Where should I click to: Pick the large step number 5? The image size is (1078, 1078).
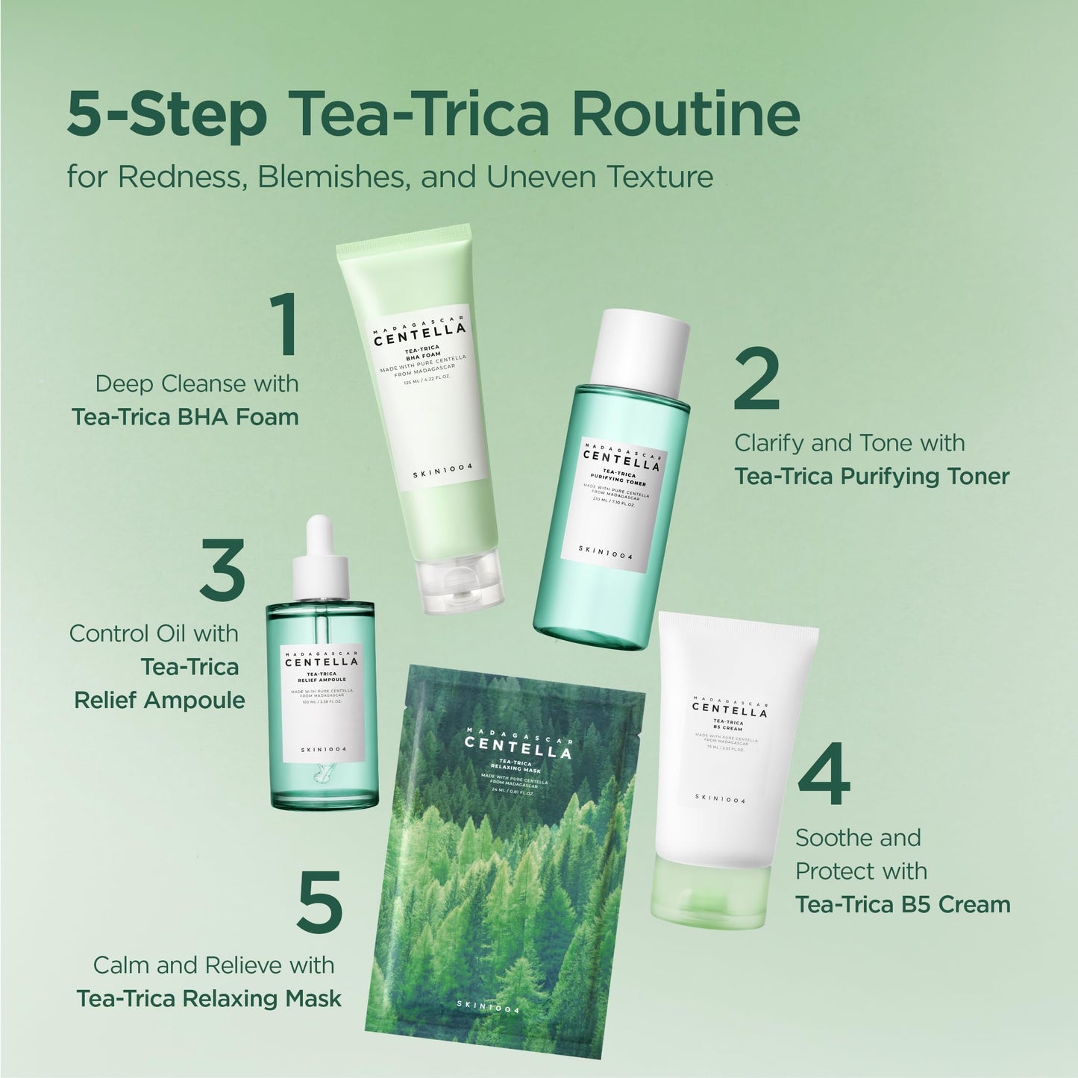pyautogui.click(x=319, y=902)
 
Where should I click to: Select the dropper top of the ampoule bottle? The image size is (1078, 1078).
pyautogui.click(x=321, y=560)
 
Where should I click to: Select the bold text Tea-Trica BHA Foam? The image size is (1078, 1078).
pyautogui.click(x=185, y=416)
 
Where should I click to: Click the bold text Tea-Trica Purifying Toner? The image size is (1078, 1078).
pyautogui.click(x=871, y=476)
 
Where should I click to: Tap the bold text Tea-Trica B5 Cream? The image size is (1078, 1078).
pyautogui.click(x=902, y=904)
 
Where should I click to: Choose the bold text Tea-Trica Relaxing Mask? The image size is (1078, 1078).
pyautogui.click(x=209, y=998)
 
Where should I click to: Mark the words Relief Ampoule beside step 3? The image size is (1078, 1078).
pyautogui.click(x=160, y=700)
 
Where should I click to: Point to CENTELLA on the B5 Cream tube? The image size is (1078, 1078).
pyautogui.click(x=729, y=712)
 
